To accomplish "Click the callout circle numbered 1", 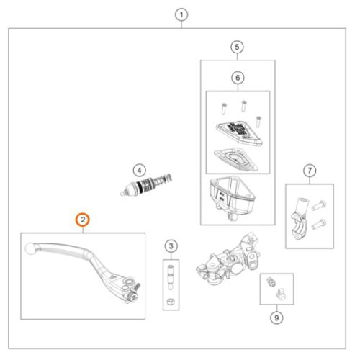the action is click(181, 15).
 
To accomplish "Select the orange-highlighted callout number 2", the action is click(83, 220).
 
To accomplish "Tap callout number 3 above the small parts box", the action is click(171, 246).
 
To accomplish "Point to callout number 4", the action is click(139, 171).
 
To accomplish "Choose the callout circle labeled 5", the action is click(237, 47).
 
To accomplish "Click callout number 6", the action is click(238, 78).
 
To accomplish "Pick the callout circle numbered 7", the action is click(310, 171).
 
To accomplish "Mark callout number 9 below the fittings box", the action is click(276, 318).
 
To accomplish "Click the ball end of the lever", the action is click(30, 248).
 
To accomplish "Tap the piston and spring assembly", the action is click(146, 184).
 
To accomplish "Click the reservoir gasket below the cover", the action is click(236, 160).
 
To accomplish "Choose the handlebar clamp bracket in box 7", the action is click(299, 218).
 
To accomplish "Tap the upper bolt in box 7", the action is click(319, 205).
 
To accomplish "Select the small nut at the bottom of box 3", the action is click(171, 302).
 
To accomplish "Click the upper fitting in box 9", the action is click(271, 282).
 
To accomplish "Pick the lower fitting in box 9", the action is click(281, 294).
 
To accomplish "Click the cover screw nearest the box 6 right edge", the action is click(258, 121).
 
